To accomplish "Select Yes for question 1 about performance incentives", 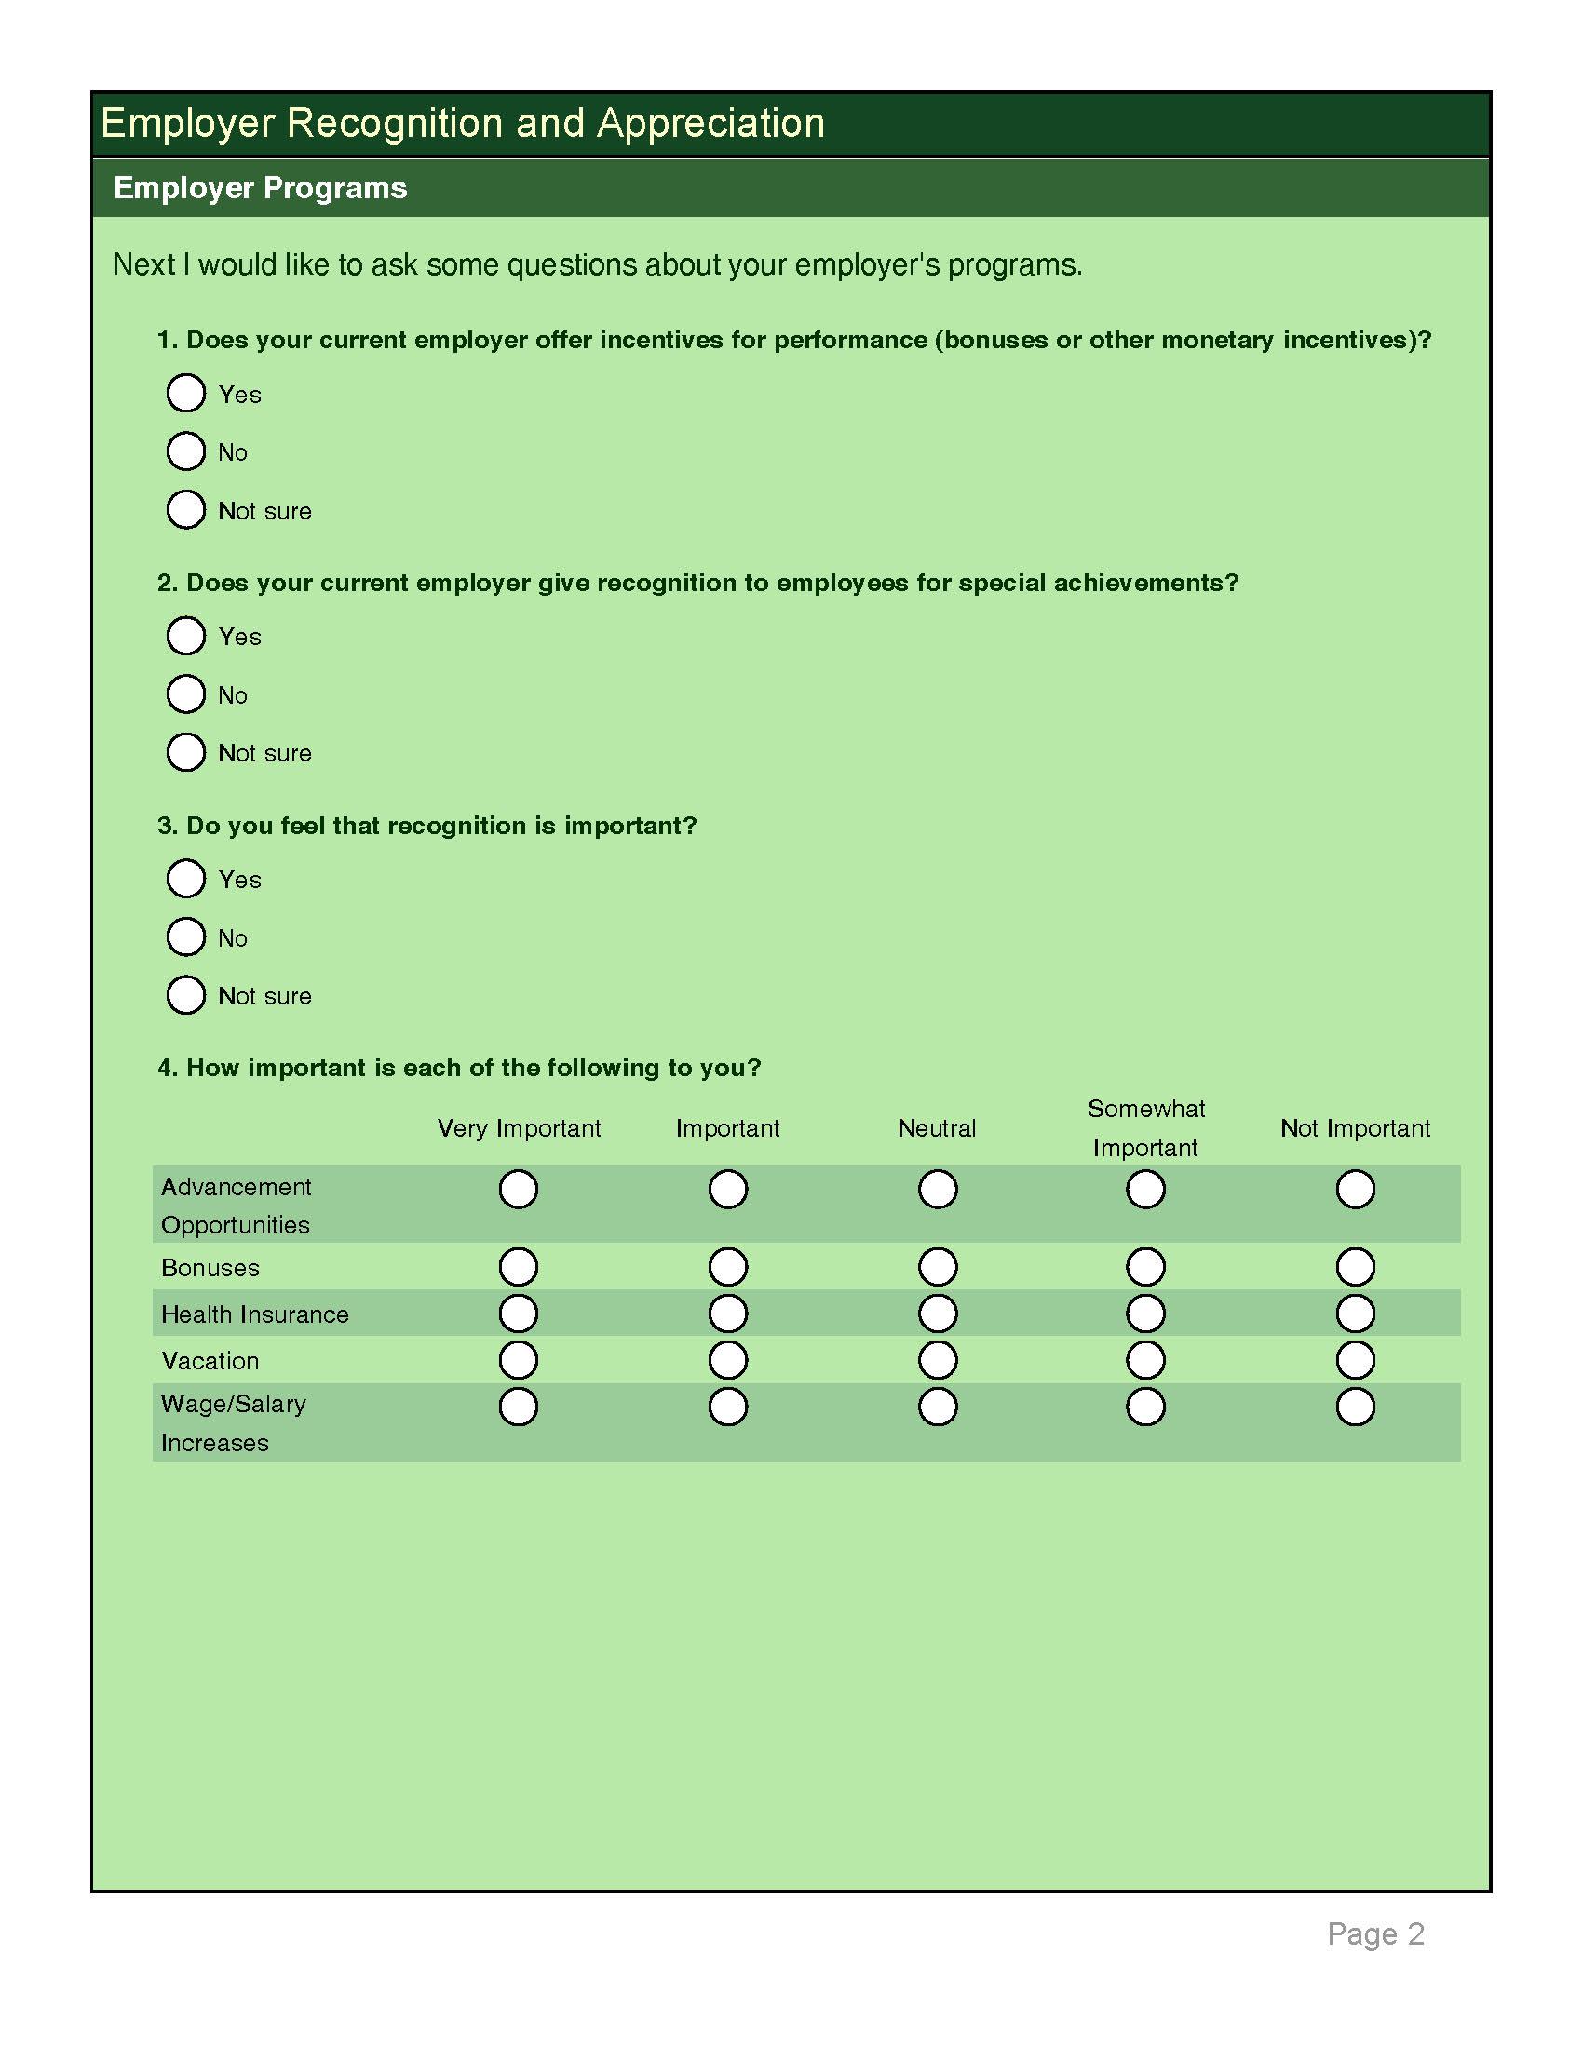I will coord(185,393).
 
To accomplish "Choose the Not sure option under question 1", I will coord(185,509).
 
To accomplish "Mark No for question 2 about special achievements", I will coord(185,694).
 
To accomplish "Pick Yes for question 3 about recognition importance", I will coord(185,879).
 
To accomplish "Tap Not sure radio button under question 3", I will coord(185,995).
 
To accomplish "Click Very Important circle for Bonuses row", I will coord(519,1267).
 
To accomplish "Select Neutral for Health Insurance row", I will coord(938,1314).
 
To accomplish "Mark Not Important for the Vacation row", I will coord(1355,1360).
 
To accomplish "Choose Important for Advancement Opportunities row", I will coord(728,1189).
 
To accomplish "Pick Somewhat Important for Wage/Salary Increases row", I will coord(1146,1407).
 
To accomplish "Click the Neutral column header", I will coord(937,1128).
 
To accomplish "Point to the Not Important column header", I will coord(1355,1128).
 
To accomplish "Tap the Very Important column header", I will coord(519,1128).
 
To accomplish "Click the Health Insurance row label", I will coord(255,1314).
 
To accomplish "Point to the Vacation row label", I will coord(210,1361).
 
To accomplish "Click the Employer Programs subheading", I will coord(260,187).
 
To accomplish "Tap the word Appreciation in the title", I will coord(710,124).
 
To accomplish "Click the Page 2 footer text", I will coord(1375,1933).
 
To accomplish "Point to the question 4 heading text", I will coord(459,1068).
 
